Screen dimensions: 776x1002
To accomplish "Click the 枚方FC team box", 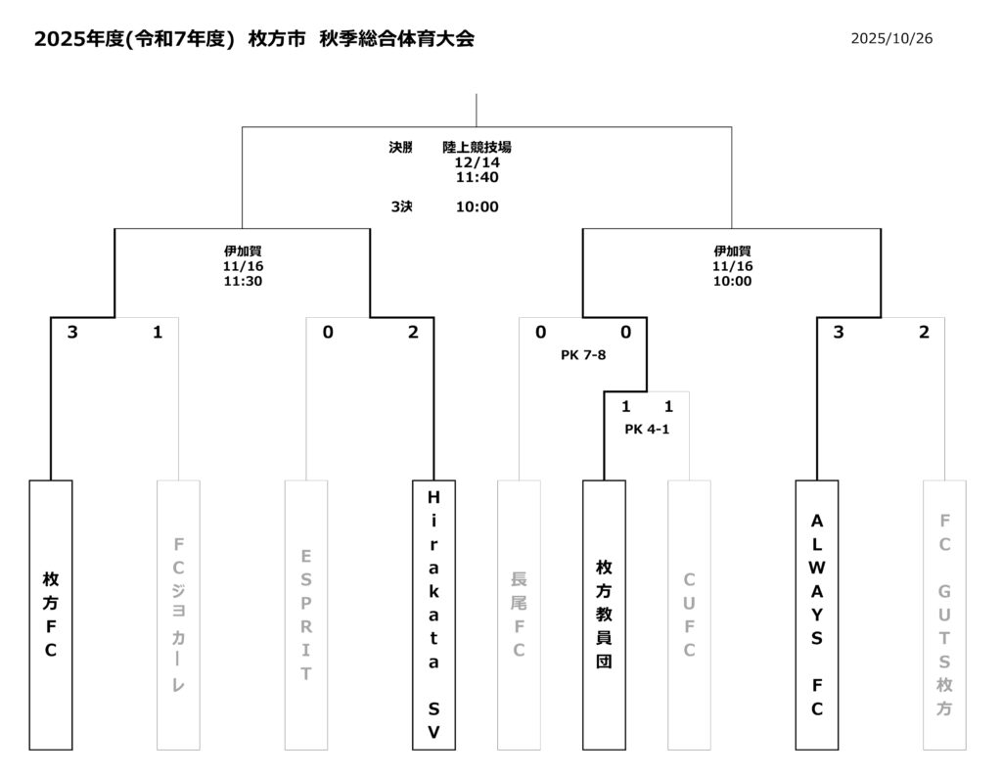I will pos(51,615).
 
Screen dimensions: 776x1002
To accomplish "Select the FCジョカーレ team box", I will pos(178,615).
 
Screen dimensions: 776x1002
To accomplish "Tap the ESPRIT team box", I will pos(306,615).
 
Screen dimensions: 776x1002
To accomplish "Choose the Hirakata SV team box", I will pos(433,615).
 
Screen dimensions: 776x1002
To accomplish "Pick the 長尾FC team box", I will pos(519,615).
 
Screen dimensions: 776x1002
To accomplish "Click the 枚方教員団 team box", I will pos(604,615).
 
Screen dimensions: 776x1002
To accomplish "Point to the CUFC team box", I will pos(689,615).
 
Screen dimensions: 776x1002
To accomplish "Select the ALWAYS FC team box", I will pos(817,615).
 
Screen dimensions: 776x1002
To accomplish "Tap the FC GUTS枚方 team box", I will pos(944,615).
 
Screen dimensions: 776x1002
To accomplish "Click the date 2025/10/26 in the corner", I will pos(891,39).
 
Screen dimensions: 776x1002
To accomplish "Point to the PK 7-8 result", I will pos(583,355).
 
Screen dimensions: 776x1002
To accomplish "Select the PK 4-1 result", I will pos(647,429).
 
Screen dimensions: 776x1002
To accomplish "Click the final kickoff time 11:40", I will pos(477,178).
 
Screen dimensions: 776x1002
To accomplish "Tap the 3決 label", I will pos(401,206).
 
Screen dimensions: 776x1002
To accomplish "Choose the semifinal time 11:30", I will pos(243,281).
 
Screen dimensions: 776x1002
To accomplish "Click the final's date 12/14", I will pos(477,162).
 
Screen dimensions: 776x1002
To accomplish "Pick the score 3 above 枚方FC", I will pos(72,333).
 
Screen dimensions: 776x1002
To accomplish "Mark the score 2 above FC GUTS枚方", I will pos(924,333).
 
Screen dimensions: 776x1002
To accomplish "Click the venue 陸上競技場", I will pos(477,148).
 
